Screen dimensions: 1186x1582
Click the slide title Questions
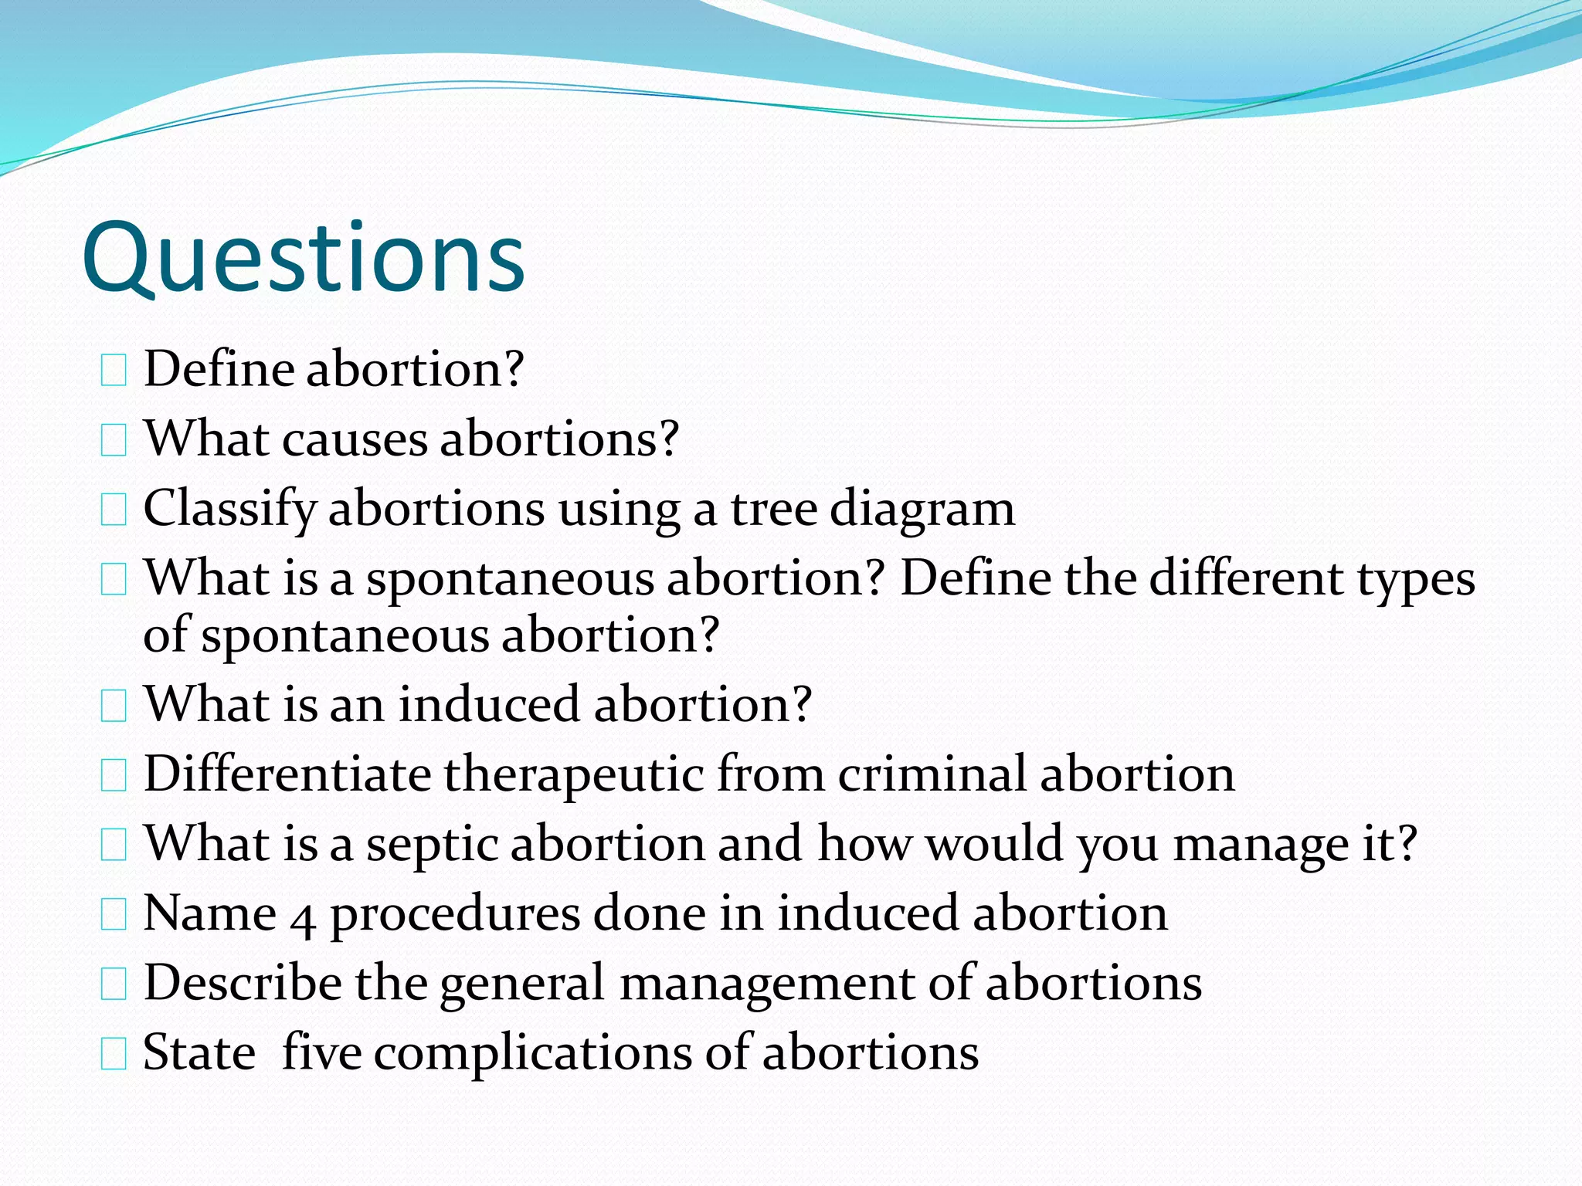coord(303,259)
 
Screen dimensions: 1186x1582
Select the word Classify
coord(229,510)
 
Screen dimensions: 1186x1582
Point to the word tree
coord(773,510)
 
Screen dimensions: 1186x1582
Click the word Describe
coord(243,983)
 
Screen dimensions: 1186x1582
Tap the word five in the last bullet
coord(321,1052)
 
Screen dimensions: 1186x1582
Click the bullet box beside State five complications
coord(114,1055)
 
